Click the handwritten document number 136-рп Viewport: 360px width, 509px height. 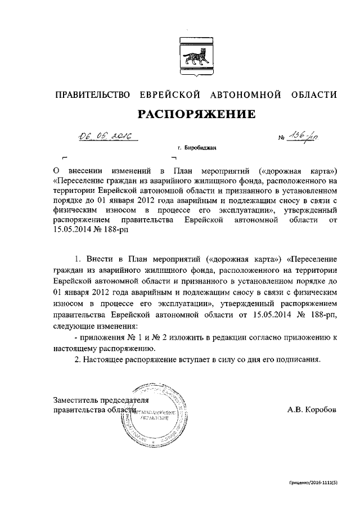coord(304,136)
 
